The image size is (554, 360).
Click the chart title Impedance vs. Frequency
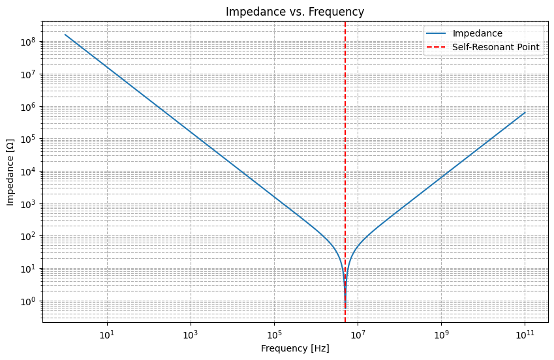click(295, 12)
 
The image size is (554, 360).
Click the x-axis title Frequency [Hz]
click(295, 348)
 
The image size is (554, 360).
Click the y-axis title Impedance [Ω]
click(11, 172)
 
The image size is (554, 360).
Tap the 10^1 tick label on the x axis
click(107, 334)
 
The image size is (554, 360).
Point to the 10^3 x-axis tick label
click(191, 334)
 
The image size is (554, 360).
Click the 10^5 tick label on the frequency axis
click(274, 334)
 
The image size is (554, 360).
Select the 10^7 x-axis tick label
click(358, 334)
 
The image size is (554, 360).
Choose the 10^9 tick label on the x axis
click(441, 334)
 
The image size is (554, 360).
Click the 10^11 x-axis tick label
click(525, 334)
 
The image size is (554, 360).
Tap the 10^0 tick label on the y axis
click(30, 301)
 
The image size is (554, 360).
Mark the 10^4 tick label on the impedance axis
click(30, 172)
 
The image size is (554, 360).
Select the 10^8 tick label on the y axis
click(30, 42)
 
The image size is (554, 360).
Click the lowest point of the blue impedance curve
click(345, 307)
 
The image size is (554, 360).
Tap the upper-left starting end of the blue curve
click(65, 35)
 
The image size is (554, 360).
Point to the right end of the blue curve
click(525, 113)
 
